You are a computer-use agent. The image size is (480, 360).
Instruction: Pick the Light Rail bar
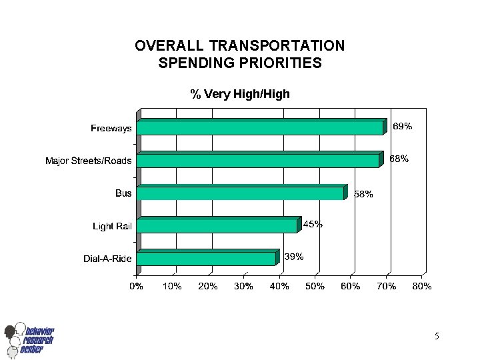click(x=217, y=226)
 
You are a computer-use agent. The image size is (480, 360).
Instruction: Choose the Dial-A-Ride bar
click(x=206, y=259)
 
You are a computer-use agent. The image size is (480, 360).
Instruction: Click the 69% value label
click(x=402, y=126)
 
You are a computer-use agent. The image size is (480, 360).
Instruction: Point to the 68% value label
click(x=399, y=159)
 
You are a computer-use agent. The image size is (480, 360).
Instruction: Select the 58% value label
click(x=363, y=195)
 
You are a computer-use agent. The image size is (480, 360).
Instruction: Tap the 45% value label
click(x=313, y=225)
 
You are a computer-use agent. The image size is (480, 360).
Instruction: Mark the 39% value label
click(x=294, y=257)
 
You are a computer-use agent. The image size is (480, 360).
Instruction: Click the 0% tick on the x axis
click(x=136, y=286)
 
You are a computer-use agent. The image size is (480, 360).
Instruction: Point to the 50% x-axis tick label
click(x=315, y=286)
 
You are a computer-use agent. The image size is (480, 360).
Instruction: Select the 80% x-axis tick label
click(x=422, y=286)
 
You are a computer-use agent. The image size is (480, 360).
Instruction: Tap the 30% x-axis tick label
click(x=243, y=286)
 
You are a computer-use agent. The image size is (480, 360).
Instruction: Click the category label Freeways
click(x=111, y=129)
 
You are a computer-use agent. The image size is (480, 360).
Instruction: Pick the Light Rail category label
click(x=112, y=227)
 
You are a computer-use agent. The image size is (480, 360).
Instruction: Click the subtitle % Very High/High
click(x=240, y=94)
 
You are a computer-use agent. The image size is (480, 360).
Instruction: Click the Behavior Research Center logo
click(x=29, y=340)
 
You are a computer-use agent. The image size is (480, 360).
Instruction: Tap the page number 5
click(x=436, y=337)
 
